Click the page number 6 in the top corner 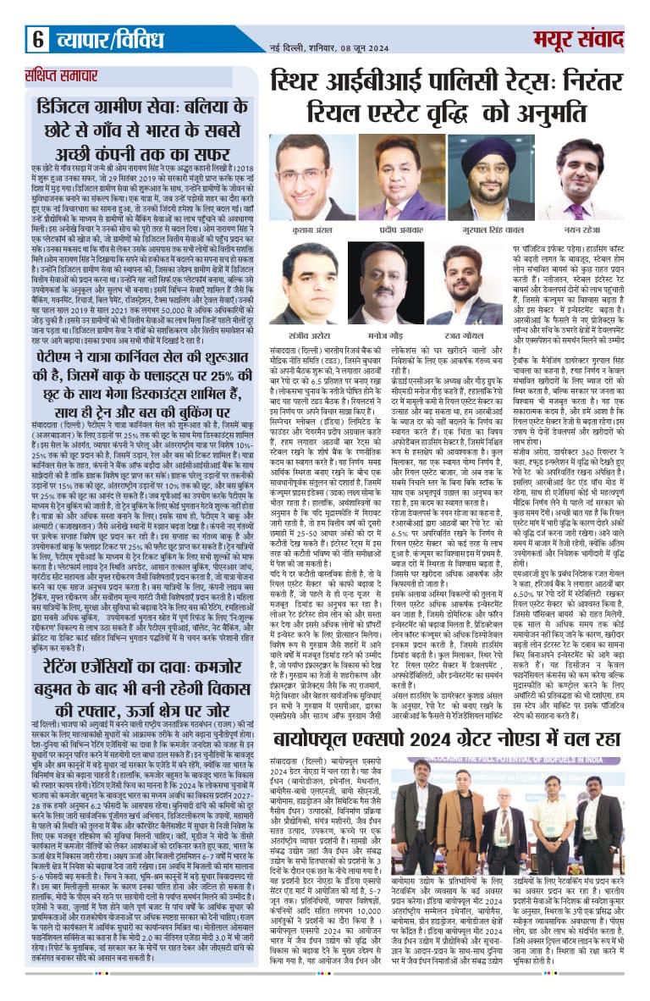38,38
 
